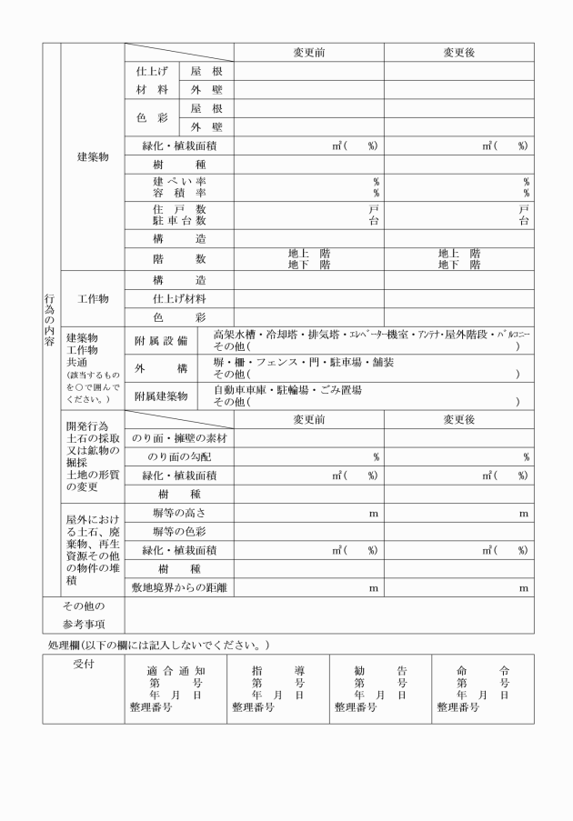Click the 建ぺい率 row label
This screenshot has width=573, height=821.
point(179,182)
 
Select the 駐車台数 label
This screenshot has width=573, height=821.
point(179,221)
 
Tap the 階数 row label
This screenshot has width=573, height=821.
point(179,259)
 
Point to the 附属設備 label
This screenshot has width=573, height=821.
point(160,341)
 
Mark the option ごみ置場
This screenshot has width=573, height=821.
point(339,389)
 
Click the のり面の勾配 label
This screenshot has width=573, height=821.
point(180,456)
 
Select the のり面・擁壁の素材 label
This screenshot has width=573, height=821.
point(179,437)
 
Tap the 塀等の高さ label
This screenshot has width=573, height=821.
point(179,514)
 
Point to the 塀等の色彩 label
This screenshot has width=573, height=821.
point(179,531)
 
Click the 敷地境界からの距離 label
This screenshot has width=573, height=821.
point(179,588)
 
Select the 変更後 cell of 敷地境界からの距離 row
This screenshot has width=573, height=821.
point(458,588)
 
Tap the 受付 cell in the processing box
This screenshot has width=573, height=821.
point(85,664)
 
